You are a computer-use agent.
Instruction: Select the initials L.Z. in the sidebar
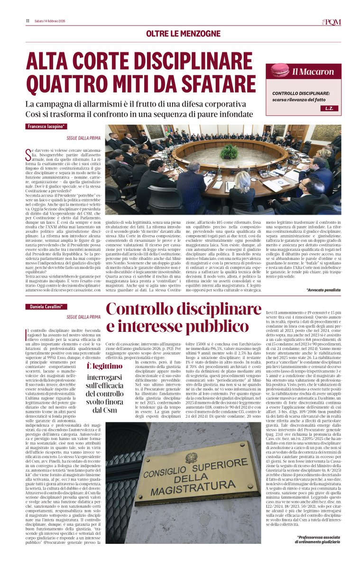(329, 109)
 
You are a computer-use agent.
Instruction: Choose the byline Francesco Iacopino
(46, 128)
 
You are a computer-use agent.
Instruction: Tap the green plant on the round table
(230, 152)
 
